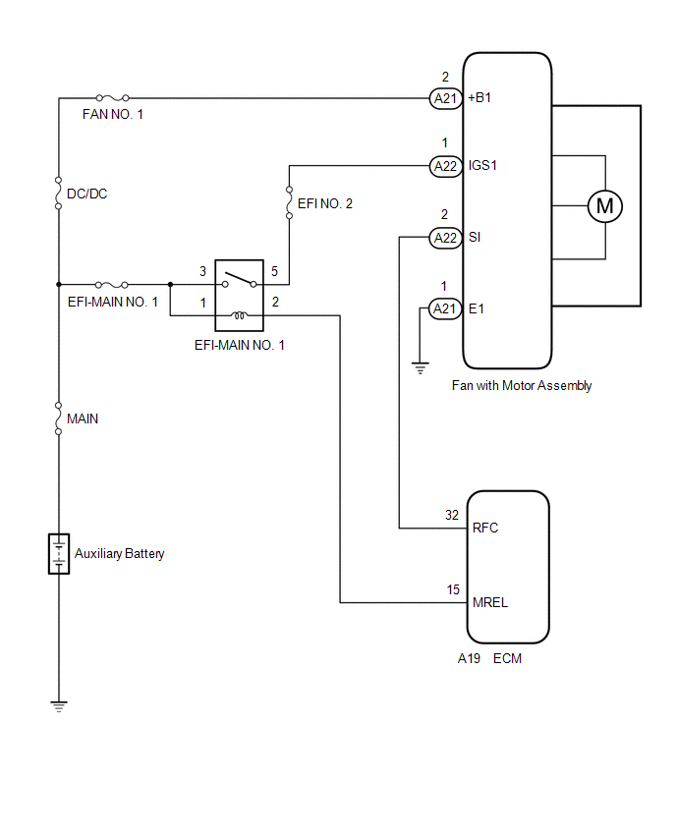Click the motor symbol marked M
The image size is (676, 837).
coord(604,206)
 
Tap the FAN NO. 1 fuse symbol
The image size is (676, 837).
coord(112,97)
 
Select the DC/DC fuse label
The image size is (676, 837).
coord(87,194)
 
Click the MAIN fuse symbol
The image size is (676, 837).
coord(59,418)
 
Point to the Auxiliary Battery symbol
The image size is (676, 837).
coord(59,553)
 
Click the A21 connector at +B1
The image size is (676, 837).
coord(445,98)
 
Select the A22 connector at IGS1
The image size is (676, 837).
coord(445,166)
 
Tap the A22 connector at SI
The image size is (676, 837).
coord(445,238)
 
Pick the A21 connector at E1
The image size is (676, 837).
coord(445,308)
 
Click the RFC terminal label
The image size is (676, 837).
coord(485,528)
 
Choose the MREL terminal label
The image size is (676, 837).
coord(490,602)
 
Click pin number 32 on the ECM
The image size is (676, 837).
coord(452,515)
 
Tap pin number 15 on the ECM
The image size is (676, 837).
coord(453,589)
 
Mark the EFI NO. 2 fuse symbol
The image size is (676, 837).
coord(290,202)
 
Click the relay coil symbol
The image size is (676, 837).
coord(240,315)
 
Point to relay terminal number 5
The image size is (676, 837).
coord(274,271)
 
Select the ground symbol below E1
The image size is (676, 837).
coord(421,367)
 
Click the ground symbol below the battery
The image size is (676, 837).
coord(59,706)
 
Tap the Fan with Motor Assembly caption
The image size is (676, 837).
coord(522,385)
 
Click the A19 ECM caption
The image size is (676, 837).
coord(489,659)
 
